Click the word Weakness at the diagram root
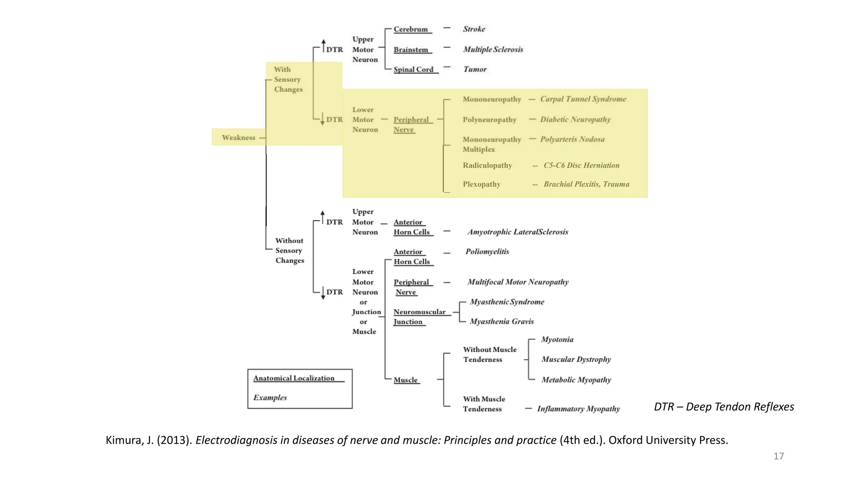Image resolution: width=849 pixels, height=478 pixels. [x=238, y=137]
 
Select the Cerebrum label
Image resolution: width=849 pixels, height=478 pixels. [x=411, y=29]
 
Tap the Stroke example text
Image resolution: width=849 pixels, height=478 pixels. [x=474, y=29]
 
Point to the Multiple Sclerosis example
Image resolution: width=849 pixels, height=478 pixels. [x=493, y=49]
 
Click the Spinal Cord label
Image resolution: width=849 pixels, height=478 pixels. [x=413, y=69]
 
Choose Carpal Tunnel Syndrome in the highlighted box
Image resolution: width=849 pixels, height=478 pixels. [x=583, y=99]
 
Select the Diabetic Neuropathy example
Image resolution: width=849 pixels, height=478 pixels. [x=575, y=119]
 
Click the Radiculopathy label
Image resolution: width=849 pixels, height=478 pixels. [x=488, y=166]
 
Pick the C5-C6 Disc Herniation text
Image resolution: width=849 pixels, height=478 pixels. [x=581, y=166]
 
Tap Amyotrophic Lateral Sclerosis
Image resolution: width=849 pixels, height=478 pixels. [x=518, y=232]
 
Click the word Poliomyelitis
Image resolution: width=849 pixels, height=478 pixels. [x=487, y=251]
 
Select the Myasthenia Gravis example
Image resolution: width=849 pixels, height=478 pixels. [x=502, y=322]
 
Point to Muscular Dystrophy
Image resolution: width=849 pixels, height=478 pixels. [x=576, y=359]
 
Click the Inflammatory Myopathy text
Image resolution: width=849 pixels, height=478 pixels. [x=578, y=409]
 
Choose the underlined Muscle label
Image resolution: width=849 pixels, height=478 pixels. [x=405, y=380]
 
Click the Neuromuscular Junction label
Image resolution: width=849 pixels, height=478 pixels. [x=419, y=316]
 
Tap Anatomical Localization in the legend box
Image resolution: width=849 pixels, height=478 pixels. [x=294, y=378]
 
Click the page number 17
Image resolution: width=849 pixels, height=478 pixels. [x=779, y=456]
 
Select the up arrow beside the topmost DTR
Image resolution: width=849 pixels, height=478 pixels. [x=323, y=45]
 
